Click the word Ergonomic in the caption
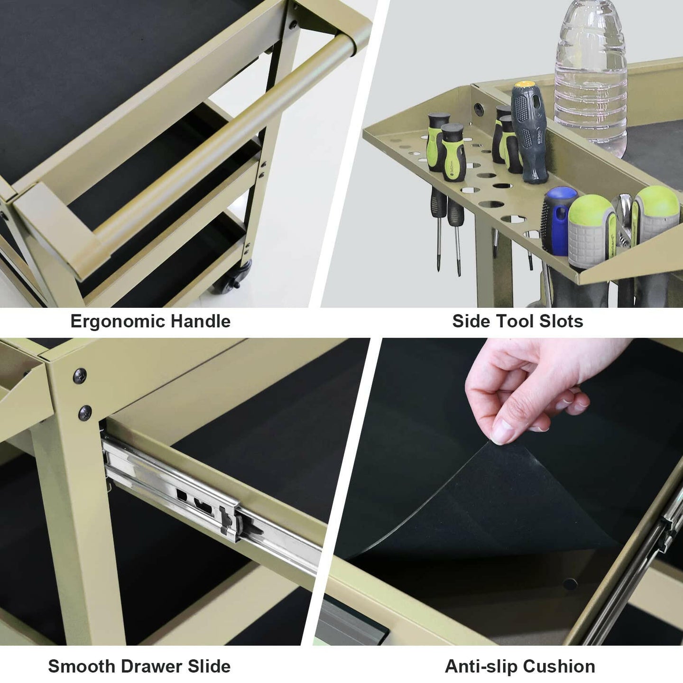[118, 322]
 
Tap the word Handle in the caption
[201, 321]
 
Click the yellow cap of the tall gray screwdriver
[525, 85]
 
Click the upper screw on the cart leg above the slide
[80, 376]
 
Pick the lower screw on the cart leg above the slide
[85, 414]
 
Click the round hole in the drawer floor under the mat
[570, 584]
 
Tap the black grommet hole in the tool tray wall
[479, 110]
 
